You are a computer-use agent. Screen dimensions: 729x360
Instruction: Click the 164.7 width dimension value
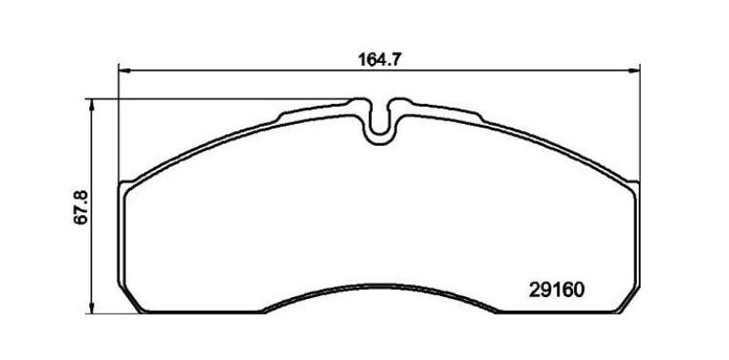(x=379, y=59)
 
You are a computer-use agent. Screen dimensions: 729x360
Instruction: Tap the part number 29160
(x=556, y=290)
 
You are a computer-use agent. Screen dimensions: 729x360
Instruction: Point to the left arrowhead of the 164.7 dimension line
(x=124, y=71)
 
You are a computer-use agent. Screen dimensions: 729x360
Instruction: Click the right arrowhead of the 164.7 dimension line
(x=634, y=71)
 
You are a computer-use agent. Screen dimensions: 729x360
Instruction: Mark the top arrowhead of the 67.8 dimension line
(x=92, y=105)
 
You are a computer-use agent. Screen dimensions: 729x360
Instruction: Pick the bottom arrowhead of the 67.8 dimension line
(x=92, y=307)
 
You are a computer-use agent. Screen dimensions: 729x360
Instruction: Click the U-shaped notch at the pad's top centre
(x=380, y=123)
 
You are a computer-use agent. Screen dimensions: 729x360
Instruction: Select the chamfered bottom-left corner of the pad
(x=129, y=298)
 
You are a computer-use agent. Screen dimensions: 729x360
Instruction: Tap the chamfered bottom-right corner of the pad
(x=629, y=299)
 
